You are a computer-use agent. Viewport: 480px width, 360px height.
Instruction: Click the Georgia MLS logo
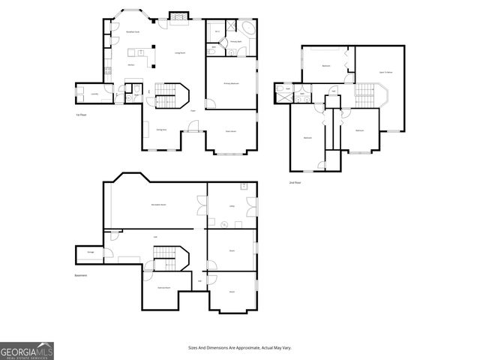[27, 351]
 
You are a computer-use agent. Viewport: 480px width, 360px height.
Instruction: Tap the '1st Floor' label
[82, 115]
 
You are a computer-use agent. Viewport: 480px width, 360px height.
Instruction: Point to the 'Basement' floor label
[81, 275]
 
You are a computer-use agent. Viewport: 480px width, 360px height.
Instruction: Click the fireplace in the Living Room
[178, 17]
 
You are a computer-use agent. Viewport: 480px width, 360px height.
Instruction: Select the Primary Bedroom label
[231, 83]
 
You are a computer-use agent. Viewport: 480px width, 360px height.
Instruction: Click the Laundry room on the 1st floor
[94, 94]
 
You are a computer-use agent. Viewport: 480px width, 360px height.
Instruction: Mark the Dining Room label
[160, 130]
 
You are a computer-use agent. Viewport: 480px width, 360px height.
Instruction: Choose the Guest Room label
[231, 131]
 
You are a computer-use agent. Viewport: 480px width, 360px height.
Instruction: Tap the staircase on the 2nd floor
[365, 94]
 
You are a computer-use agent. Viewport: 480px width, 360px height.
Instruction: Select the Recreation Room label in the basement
[158, 204]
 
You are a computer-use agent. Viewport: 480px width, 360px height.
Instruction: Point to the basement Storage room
[91, 253]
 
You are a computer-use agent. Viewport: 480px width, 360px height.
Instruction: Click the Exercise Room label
[163, 288]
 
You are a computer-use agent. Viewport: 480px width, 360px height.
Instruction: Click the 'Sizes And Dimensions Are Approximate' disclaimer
[239, 348]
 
